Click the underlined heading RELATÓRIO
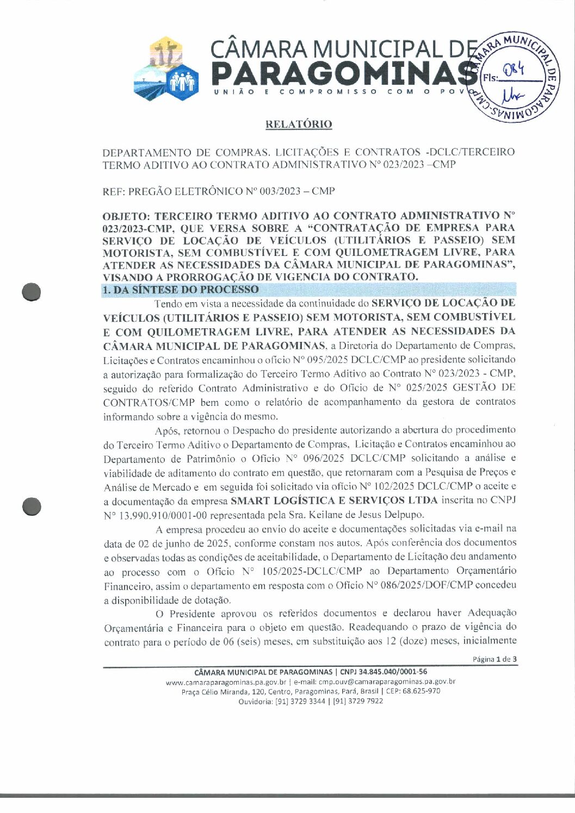[x=298, y=124]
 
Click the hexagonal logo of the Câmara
[x=165, y=69]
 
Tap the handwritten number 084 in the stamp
[x=513, y=69]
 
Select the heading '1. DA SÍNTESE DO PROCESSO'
[x=181, y=290]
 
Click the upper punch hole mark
[x=32, y=292]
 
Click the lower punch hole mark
[x=32, y=506]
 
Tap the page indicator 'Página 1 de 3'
[x=494, y=659]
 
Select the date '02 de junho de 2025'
[x=173, y=543]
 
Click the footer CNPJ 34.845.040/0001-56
[x=384, y=672]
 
